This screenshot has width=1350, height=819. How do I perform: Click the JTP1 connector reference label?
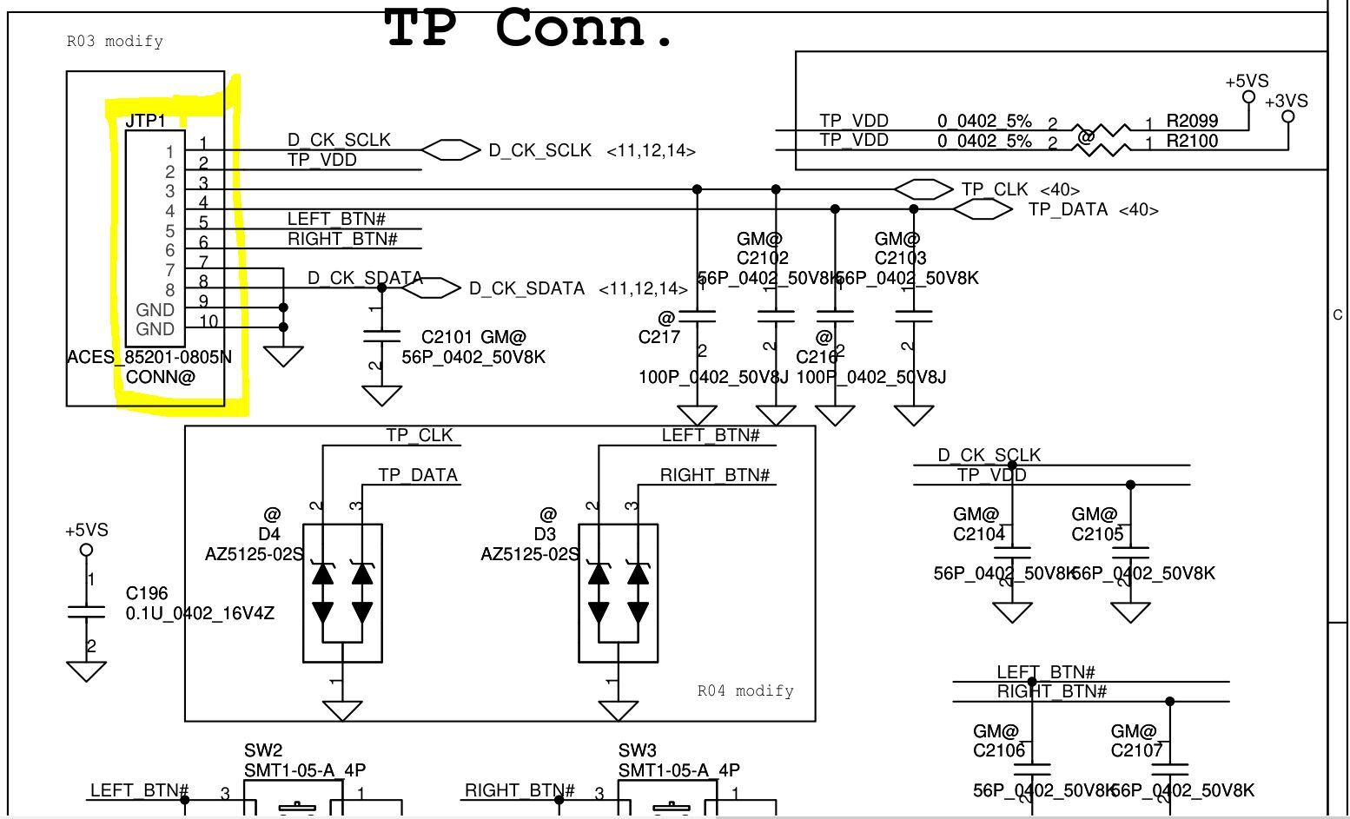(145, 121)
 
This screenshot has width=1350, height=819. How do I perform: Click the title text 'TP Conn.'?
(528, 28)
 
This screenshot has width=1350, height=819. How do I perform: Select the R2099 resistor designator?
(1192, 121)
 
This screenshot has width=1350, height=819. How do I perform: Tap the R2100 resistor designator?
(1192, 141)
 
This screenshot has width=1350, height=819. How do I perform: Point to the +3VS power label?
(1286, 101)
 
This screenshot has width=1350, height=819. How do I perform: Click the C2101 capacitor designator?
(448, 337)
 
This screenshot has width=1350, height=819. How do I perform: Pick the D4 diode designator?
(269, 534)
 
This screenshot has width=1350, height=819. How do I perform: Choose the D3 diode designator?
(545, 534)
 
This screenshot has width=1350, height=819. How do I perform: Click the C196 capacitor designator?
(147, 593)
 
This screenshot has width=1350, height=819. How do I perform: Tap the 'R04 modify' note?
(745, 691)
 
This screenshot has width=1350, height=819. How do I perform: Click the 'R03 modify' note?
(115, 42)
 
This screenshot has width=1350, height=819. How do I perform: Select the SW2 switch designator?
(263, 750)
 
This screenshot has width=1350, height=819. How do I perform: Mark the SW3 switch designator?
(638, 750)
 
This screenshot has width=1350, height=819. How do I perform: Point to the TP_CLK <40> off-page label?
(1020, 189)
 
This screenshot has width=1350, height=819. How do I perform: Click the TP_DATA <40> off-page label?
(1093, 209)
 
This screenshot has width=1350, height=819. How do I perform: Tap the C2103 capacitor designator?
(900, 258)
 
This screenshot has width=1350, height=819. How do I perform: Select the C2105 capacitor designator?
(1097, 534)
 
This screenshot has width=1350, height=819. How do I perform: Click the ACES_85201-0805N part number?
(149, 357)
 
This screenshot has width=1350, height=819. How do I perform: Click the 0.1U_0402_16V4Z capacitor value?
(200, 613)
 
